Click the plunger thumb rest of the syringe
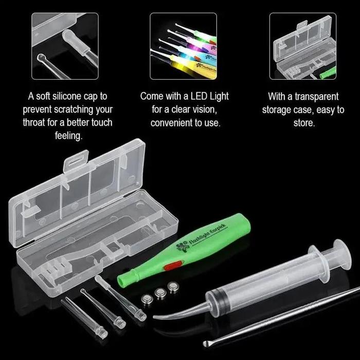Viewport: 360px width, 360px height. tap(340, 254)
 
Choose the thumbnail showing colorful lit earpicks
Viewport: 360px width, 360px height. tap(184, 46)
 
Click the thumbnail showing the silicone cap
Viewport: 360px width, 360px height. tap(65, 46)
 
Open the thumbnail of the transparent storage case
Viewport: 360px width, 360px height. tap(303, 46)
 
